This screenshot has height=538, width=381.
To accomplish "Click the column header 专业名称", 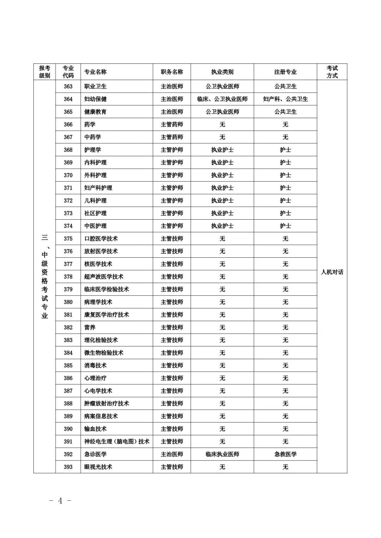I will (x=95, y=72).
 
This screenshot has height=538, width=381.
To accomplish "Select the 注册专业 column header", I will (x=285, y=72).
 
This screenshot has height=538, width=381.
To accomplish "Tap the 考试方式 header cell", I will (x=332, y=72).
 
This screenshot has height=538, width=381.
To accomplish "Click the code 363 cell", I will (x=68, y=86).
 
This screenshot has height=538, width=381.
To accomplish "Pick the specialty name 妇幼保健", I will (x=96, y=99).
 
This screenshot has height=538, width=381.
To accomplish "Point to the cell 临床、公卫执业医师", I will (x=222, y=99).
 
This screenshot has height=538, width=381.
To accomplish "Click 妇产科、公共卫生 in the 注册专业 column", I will (x=285, y=99).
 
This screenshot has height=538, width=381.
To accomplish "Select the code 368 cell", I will (x=68, y=150).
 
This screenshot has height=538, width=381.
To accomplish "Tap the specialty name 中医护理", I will (x=96, y=226).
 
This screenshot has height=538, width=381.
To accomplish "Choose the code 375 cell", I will (x=68, y=239).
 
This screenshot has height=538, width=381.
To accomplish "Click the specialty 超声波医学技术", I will (x=104, y=277).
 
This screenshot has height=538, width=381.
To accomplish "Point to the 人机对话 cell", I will (x=332, y=272).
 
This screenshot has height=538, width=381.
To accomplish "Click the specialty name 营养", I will (x=90, y=328).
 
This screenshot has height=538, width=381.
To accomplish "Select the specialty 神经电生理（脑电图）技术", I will (x=117, y=441).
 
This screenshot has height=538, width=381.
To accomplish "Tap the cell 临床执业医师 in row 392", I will (x=222, y=454).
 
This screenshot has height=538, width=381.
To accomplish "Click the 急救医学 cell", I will (x=285, y=454).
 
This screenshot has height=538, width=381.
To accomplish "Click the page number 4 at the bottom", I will (x=60, y=501).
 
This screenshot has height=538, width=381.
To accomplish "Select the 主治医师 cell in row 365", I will (x=172, y=112).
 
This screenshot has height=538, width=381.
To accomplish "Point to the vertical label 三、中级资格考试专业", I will (x=44, y=276).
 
